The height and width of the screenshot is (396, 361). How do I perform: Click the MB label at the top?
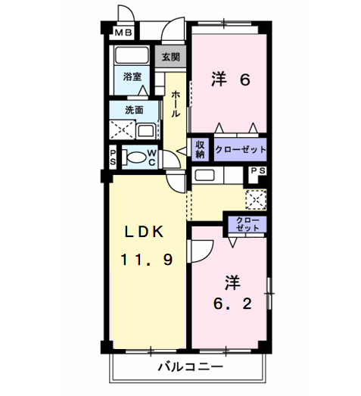pyautogui.click(x=122, y=33)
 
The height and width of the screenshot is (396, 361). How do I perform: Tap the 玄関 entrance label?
pyautogui.click(x=170, y=57)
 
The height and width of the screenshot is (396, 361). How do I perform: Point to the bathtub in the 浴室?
pyautogui.click(x=132, y=58)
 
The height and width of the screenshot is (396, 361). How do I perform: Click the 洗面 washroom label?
pyautogui.click(x=133, y=110)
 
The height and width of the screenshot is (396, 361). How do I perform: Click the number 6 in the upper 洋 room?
pyautogui.click(x=244, y=78)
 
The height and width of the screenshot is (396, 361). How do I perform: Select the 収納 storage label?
pyautogui.click(x=201, y=148)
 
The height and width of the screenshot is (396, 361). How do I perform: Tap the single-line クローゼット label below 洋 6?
pyautogui.click(x=240, y=149)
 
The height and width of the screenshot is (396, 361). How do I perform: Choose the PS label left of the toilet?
pyautogui.click(x=113, y=157)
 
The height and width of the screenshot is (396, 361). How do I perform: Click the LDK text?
pyautogui.click(x=145, y=232)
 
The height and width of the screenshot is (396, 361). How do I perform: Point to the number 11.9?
pyautogui.click(x=145, y=260)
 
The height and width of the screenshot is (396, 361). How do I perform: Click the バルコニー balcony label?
pyautogui.click(x=190, y=366)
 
